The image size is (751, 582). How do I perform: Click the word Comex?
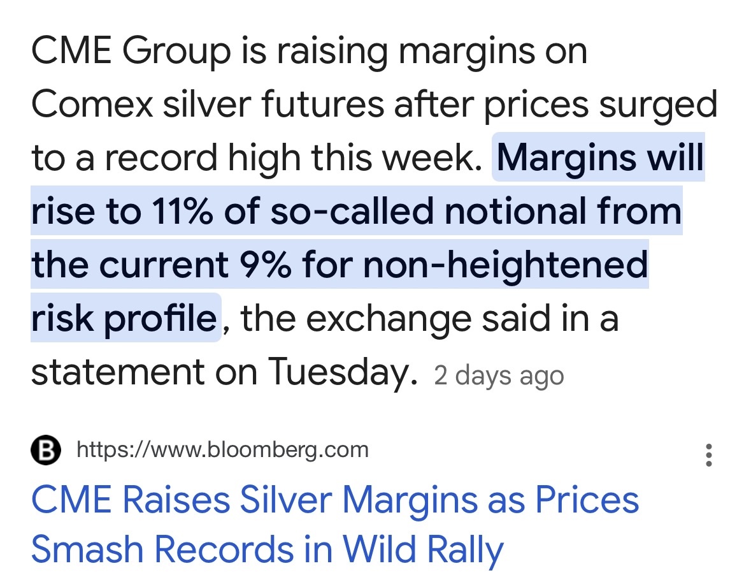[92, 104]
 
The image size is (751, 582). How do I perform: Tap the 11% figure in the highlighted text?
[182, 211]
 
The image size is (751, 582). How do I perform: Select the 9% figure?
[265, 265]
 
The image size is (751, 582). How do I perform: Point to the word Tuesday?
[343, 372]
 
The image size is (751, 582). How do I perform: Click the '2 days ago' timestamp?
[499, 376]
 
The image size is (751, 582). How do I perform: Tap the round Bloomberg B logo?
[45, 451]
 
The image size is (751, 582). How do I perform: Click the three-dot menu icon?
[709, 455]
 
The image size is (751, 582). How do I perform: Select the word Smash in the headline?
[87, 549]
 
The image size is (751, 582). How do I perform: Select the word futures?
[322, 104]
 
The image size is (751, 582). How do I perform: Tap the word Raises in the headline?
[176, 500]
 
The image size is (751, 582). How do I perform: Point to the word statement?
[118, 373]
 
